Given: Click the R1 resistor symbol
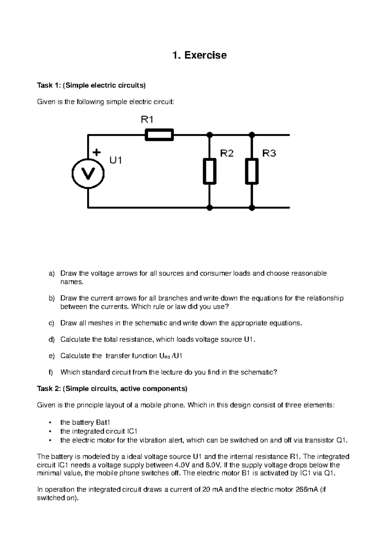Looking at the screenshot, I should click(x=159, y=135).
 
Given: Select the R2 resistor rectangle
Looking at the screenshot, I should click(x=210, y=171).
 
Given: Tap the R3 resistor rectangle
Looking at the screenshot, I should click(x=252, y=171).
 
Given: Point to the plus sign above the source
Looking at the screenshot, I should click(x=96, y=152).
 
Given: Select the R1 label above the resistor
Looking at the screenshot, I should click(x=147, y=120).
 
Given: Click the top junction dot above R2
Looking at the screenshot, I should click(x=210, y=135).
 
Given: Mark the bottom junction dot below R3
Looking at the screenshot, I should click(x=252, y=208).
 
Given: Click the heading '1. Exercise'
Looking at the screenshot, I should click(x=200, y=55).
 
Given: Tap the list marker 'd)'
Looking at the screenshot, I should click(x=52, y=340).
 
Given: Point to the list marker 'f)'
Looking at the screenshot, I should click(x=51, y=372).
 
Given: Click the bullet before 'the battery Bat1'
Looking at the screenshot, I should click(x=49, y=422).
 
